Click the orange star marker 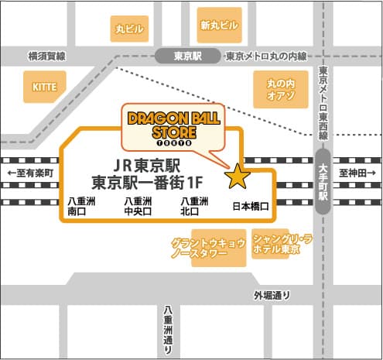(x=237, y=177)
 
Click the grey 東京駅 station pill (x=188, y=57)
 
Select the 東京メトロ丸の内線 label (x=266, y=57)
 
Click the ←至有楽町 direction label (x=30, y=172)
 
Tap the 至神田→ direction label (x=356, y=172)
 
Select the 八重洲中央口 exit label (x=138, y=205)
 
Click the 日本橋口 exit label (x=250, y=207)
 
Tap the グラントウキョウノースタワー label (x=209, y=248)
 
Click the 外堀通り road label (x=272, y=294)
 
